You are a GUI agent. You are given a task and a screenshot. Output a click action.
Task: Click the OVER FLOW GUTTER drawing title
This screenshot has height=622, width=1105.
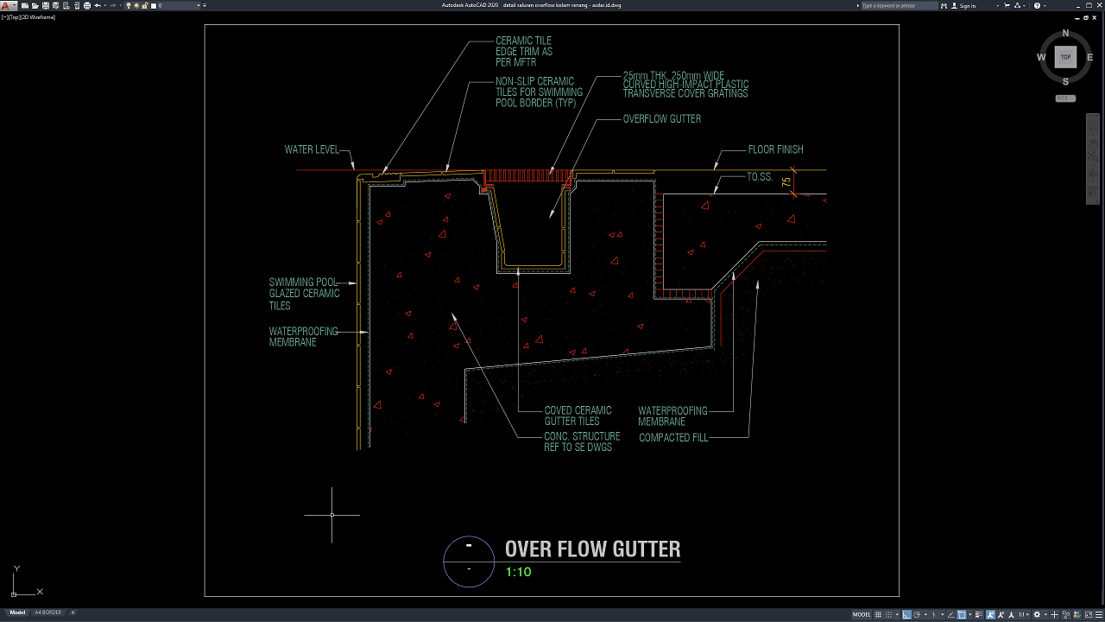592,549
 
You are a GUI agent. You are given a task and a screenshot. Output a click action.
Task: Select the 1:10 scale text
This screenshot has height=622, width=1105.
518,572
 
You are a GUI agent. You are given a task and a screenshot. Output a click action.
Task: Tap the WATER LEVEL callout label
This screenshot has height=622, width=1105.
312,149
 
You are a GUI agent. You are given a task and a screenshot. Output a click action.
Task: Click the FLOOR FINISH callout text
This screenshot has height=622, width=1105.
775,149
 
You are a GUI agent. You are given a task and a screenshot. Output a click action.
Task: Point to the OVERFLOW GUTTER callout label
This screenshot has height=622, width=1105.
661,119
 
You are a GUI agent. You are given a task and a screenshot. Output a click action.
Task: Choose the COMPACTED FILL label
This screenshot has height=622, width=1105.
673,438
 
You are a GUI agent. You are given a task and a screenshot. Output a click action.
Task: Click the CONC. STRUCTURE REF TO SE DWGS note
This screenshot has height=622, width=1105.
582,441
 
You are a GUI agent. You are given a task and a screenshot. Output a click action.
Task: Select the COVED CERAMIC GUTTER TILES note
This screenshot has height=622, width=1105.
578,416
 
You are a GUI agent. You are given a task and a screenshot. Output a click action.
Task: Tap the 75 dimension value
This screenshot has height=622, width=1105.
786,181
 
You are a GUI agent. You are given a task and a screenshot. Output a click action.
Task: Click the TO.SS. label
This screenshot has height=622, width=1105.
759,177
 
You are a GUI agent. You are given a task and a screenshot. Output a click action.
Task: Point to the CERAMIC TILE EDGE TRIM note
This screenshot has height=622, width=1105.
523,52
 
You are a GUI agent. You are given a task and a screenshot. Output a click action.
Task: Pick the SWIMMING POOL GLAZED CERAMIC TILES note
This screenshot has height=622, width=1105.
304,294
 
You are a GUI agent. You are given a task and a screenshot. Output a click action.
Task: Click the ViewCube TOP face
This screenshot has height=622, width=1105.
1065,57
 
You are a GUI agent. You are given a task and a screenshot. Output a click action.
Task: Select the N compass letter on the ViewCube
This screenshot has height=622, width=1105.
1065,34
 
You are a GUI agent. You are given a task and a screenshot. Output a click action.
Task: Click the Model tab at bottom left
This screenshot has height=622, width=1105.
17,612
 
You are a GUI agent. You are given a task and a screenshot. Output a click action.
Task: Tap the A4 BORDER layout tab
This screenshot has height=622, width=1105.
47,612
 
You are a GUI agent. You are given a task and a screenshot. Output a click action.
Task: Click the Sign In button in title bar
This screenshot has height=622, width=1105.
968,6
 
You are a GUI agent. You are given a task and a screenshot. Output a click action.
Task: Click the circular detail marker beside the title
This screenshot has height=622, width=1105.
469,561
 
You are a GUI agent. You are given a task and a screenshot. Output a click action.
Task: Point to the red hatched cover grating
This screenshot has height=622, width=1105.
527,176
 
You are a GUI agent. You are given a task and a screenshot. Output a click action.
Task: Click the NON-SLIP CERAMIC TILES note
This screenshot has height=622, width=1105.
539,92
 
